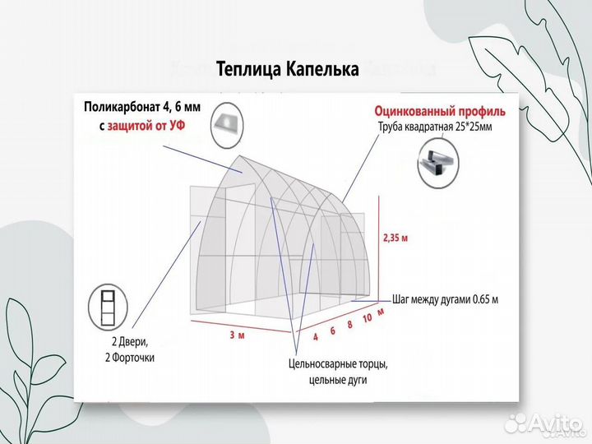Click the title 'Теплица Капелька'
click(288, 70)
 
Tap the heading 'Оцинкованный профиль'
click(440, 110)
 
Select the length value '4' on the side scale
click(314, 336)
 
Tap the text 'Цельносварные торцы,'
click(338, 363)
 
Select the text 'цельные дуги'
click(338, 380)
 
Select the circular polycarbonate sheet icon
click(228, 124)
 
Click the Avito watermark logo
click(543, 423)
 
